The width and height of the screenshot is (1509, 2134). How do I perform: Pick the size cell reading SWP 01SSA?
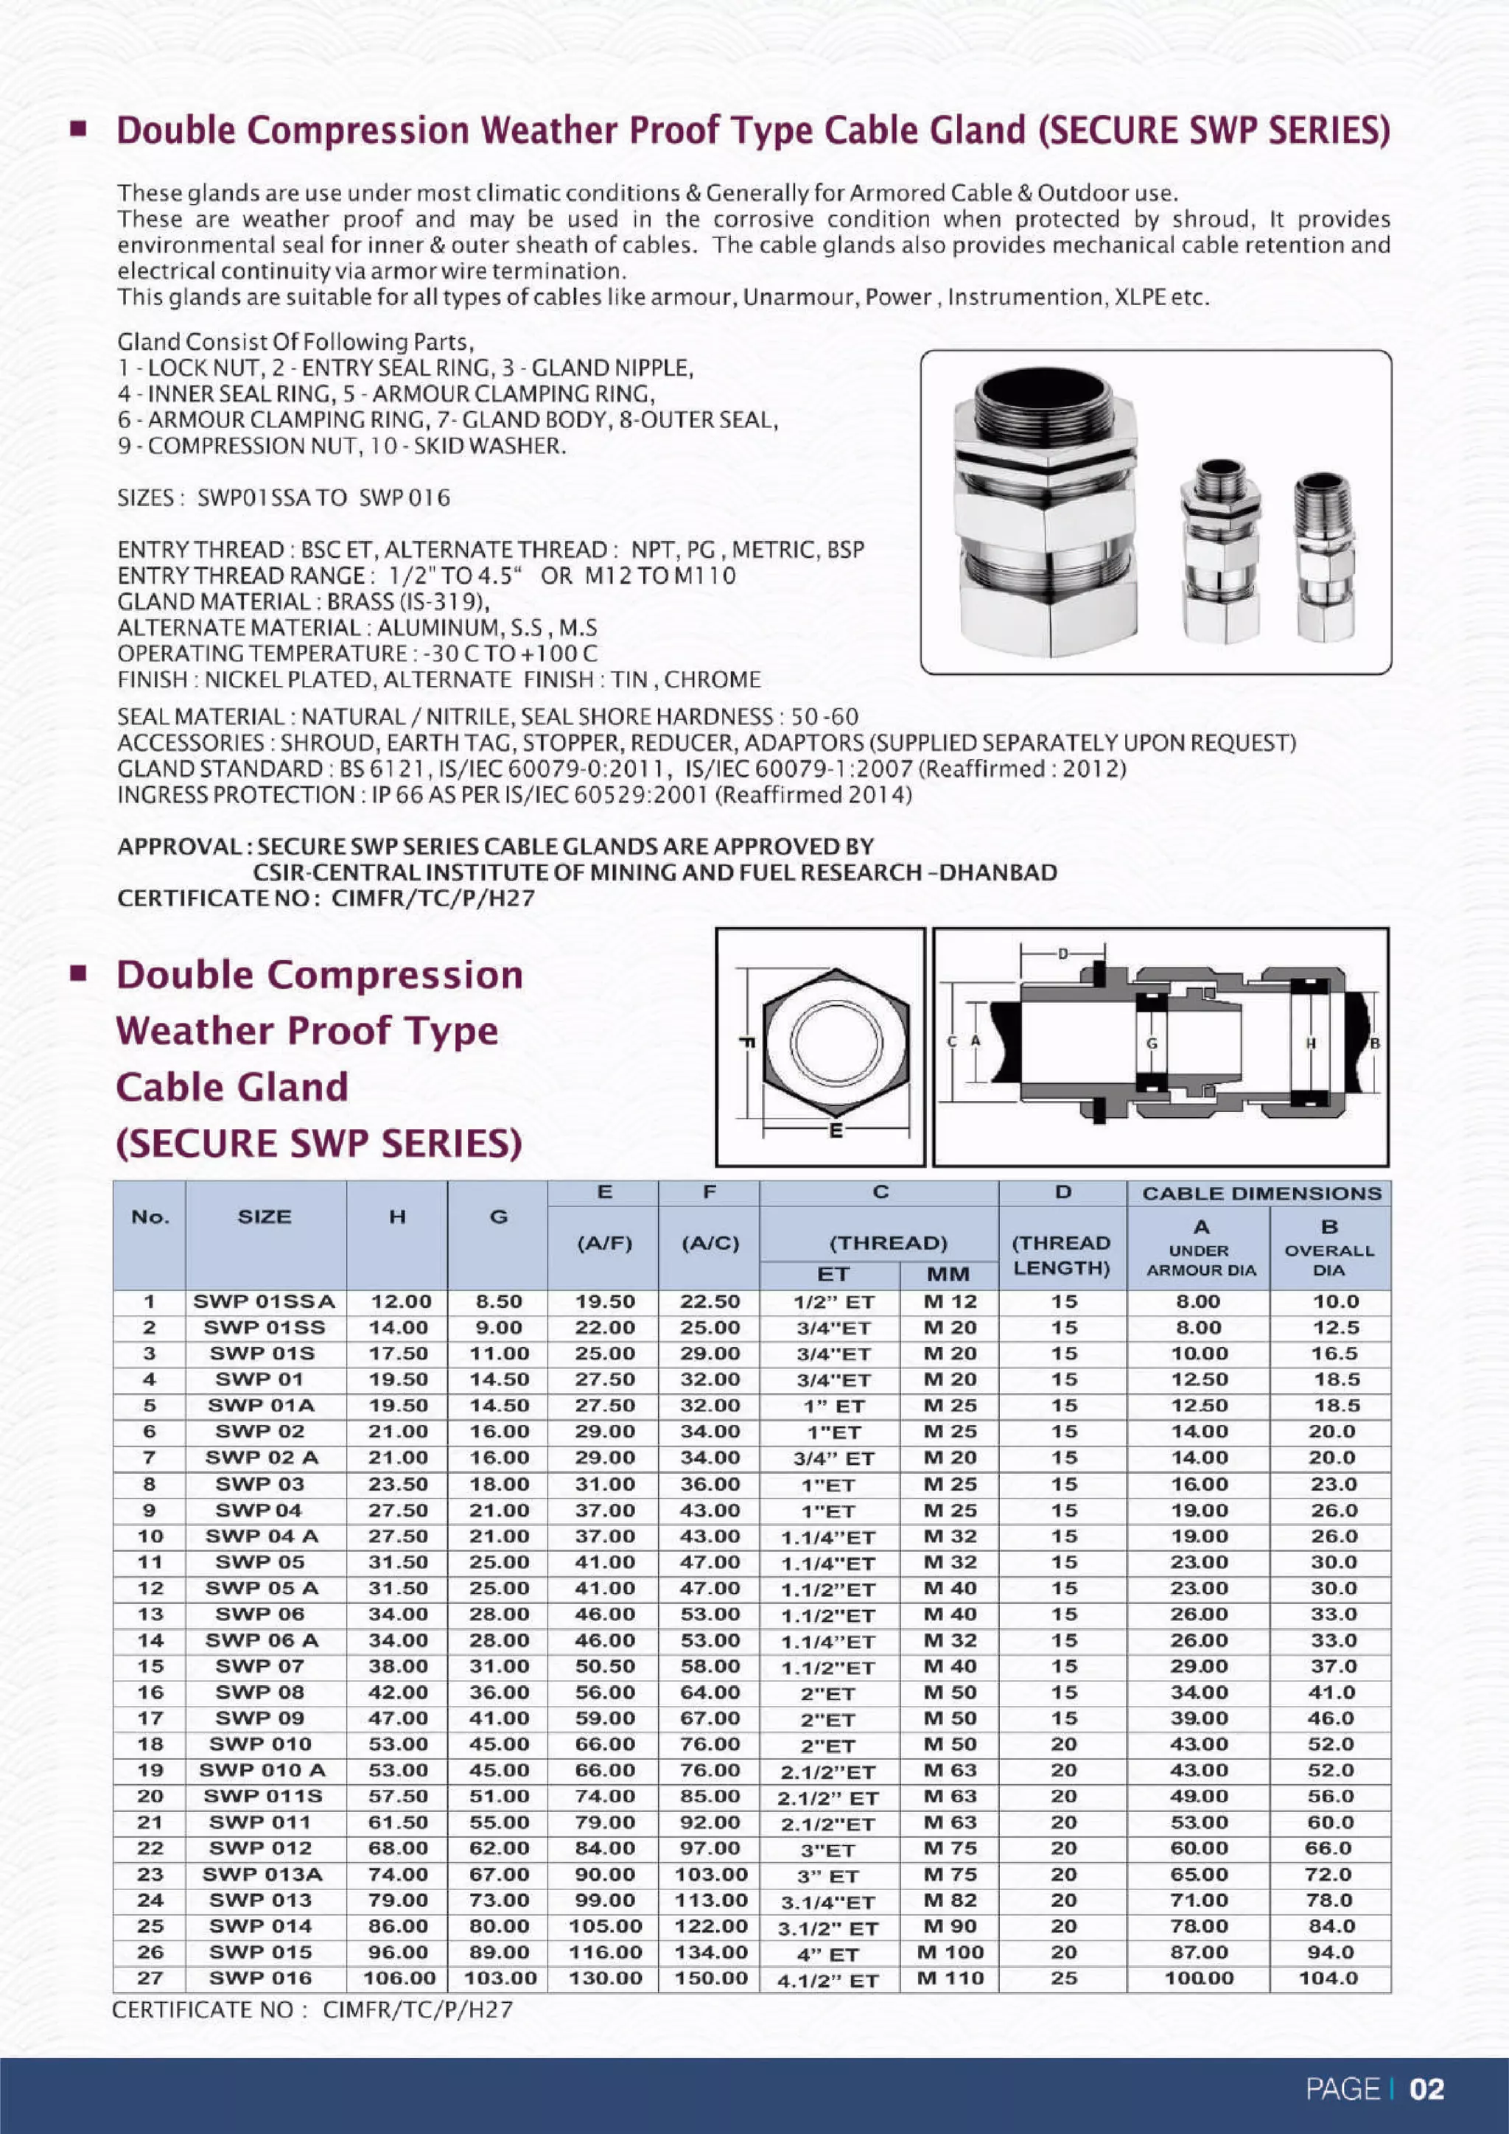coord(264,1301)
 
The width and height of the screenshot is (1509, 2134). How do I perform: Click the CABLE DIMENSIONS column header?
coord(1261,1194)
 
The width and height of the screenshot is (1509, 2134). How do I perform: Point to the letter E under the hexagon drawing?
coord(836,1132)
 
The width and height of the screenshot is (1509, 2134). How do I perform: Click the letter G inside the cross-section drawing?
coord(1152,1043)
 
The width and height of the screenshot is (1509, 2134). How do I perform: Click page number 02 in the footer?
coord(1427,2089)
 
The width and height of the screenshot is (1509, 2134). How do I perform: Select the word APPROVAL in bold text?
coord(178,847)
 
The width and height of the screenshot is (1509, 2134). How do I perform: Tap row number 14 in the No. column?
coord(150,1640)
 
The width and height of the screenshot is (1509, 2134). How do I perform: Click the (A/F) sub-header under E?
coord(604,1244)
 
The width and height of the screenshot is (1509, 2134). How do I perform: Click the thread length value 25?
coord(1063,1978)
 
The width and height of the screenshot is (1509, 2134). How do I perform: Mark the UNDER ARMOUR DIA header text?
coord(1200,1260)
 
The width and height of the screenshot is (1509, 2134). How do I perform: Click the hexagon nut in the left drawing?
coord(836,1043)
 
